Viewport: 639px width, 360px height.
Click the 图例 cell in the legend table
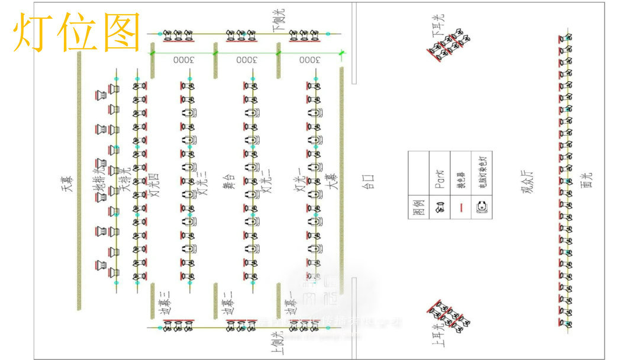418,208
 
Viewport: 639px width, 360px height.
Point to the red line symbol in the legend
460,207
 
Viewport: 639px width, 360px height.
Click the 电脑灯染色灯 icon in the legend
482,207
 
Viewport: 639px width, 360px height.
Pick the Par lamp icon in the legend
439,207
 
